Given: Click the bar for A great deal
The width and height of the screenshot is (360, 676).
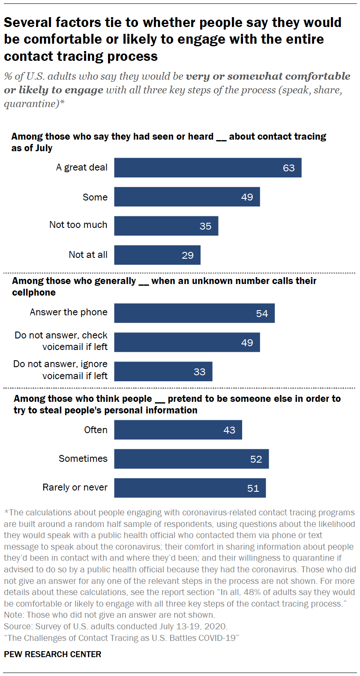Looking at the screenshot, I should tap(207, 168).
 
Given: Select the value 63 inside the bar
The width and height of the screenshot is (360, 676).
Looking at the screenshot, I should tap(288, 168).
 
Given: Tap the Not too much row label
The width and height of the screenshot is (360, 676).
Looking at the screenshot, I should tap(78, 225).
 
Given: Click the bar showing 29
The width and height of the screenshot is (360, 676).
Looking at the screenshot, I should tap(157, 255).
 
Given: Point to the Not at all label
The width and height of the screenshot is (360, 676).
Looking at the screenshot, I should tap(88, 255).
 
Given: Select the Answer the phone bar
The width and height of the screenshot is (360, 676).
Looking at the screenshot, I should tap(194, 313).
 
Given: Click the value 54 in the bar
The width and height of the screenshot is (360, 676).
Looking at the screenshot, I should tap(262, 314).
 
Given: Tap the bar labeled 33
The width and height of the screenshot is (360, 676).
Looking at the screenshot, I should tap(163, 371).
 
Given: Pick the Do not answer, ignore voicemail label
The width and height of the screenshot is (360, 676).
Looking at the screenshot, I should tap(60, 370).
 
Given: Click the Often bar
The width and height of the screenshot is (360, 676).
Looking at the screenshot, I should tap(178, 430).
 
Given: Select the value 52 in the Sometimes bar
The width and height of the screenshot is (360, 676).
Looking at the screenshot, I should tap(256, 459).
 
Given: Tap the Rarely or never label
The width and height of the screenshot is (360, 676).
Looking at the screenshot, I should tap(75, 488).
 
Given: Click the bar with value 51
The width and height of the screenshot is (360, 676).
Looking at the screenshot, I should tap(190, 488).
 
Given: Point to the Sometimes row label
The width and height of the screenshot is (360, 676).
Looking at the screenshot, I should tap(83, 459).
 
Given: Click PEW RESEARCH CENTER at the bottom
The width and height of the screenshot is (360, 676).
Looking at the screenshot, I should tap(53, 654).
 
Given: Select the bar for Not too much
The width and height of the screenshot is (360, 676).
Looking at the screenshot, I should tap(166, 226).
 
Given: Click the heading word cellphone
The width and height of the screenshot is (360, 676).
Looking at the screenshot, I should tap(34, 293).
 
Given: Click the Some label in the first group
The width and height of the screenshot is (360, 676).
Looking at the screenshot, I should tap(95, 197).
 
